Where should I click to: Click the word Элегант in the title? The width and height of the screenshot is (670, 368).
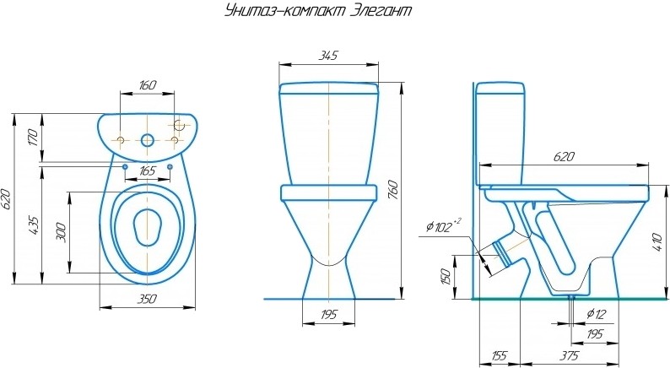coord(381,10)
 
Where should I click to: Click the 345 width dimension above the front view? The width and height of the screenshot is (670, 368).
coord(328,55)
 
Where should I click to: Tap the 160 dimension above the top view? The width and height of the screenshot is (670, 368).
coord(148,85)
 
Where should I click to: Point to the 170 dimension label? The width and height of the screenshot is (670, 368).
coord(33,138)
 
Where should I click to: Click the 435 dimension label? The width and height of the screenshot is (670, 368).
coord(33,227)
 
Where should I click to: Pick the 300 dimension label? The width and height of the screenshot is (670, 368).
coord(61,232)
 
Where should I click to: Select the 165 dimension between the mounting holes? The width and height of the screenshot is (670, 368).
coord(148,171)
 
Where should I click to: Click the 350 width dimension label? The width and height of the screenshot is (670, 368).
coord(147,299)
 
